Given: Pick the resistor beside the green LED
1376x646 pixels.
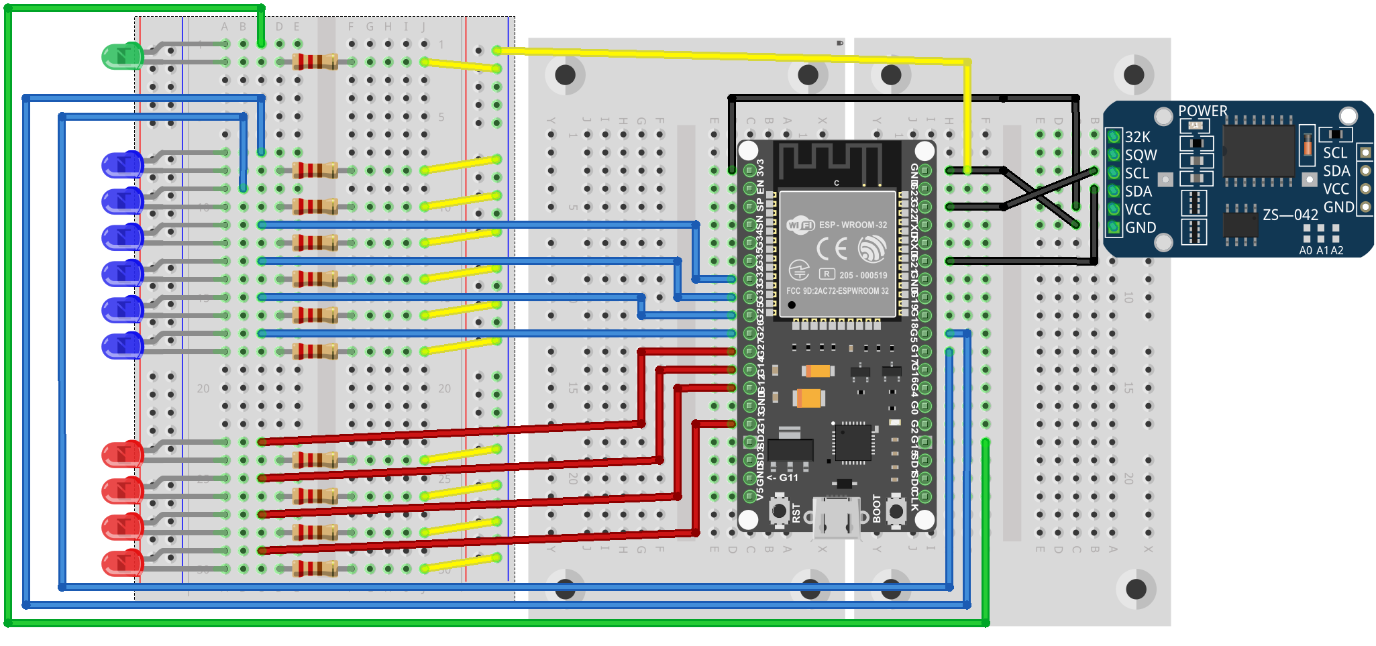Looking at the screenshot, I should tap(315, 62).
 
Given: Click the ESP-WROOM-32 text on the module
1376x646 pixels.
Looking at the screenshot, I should tap(853, 225).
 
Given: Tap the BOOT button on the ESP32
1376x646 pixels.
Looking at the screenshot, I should tap(896, 511).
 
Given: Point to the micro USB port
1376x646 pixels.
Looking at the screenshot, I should tap(836, 517).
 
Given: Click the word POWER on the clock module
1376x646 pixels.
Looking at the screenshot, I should tap(1202, 111).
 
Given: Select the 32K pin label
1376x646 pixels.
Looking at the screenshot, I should tap(1137, 137).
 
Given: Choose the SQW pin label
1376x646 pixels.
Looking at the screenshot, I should tap(1141, 155).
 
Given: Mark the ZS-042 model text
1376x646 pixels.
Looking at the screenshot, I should tap(1290, 215).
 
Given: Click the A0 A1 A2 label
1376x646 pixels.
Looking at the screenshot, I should tap(1321, 250).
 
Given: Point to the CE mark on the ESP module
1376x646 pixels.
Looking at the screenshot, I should tap(831, 250).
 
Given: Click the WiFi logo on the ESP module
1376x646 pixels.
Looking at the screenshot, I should tap(800, 225).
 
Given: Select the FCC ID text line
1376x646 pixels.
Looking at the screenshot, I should tap(837, 291).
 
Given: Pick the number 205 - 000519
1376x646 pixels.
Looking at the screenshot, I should tap(863, 275).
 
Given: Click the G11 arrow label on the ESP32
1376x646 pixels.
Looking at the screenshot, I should tap(783, 478).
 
